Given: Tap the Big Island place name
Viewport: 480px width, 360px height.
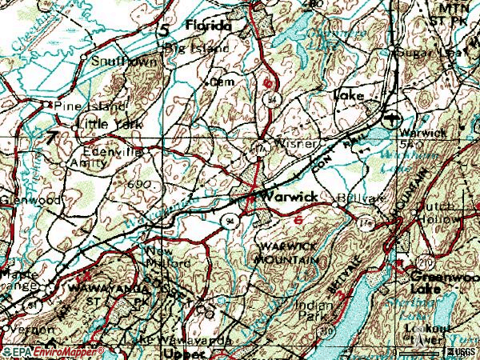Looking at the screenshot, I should point(198,48).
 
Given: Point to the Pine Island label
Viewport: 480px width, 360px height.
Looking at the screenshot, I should point(88,106).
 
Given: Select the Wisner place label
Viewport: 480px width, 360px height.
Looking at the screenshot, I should point(297,145).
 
